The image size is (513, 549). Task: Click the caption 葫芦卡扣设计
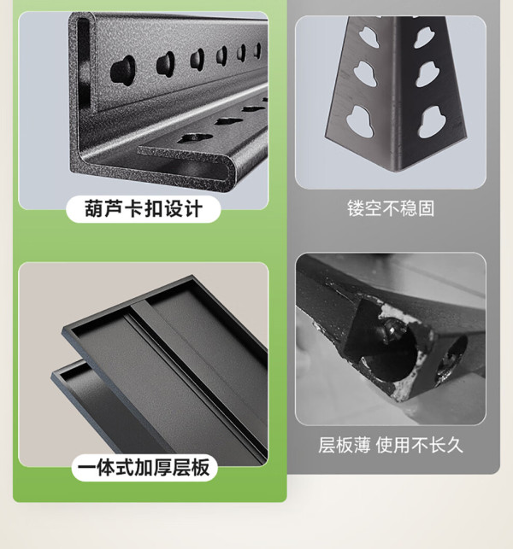coord(144,208)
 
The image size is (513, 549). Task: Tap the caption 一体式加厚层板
coord(144,467)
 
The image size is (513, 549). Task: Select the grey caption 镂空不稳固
coord(391,208)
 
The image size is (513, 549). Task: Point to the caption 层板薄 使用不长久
coord(391,446)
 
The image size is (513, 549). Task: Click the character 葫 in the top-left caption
coord(94,208)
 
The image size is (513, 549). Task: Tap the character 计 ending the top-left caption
coord(193,208)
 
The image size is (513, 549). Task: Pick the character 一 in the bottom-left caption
coord(86,467)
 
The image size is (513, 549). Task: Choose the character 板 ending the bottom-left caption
coord(200,467)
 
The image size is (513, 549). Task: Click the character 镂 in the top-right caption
coord(356,208)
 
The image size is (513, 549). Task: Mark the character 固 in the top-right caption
coord(426,208)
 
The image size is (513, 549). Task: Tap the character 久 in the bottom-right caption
coord(455,446)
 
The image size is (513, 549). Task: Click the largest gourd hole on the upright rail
coord(123,69)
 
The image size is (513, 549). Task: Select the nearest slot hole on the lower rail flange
coord(194,138)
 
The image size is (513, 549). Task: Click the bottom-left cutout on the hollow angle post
coord(360,120)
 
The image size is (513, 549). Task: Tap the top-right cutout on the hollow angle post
coord(424,37)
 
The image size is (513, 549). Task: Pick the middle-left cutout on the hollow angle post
coord(365,73)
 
